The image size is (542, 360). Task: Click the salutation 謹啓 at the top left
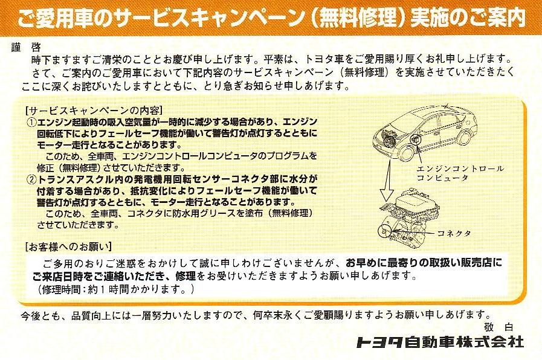click(x=26, y=47)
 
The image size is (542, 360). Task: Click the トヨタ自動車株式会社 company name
click(x=440, y=342)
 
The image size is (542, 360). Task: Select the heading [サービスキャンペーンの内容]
click(x=94, y=111)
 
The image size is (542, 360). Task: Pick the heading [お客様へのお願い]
click(x=68, y=246)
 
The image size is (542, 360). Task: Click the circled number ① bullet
click(x=32, y=122)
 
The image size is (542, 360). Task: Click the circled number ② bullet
click(x=32, y=179)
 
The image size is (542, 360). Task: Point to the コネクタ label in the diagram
click(x=454, y=233)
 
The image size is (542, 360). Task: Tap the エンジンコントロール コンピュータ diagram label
click(x=460, y=173)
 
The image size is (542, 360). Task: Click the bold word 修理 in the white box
click(x=186, y=275)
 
